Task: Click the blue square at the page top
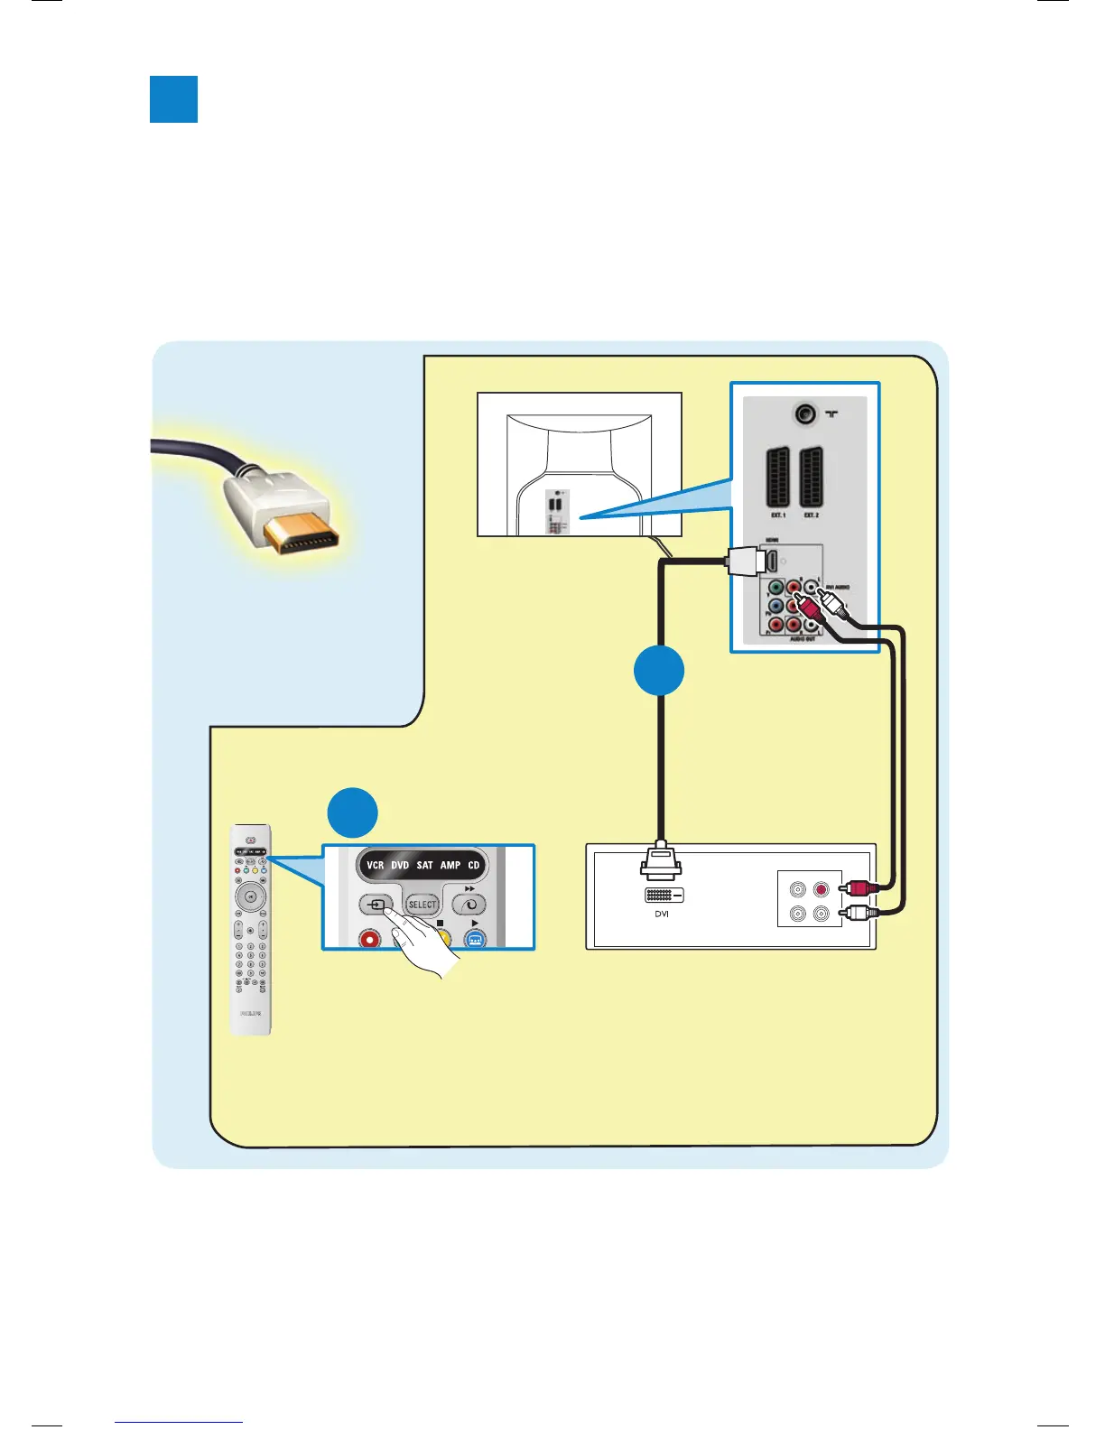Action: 173,99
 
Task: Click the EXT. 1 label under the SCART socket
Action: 778,515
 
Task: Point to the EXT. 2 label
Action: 811,515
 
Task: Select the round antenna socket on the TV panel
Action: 804,414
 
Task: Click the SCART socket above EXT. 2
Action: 811,476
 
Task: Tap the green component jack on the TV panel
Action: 775,589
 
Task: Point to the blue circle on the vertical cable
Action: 659,671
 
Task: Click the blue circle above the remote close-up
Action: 352,812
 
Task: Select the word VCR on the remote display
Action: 376,865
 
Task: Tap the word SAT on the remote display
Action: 424,865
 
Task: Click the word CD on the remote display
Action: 473,865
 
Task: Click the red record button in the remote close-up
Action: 370,939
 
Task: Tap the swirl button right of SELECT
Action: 469,905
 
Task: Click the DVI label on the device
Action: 662,915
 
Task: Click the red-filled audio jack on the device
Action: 821,889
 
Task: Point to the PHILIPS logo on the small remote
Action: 251,1014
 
